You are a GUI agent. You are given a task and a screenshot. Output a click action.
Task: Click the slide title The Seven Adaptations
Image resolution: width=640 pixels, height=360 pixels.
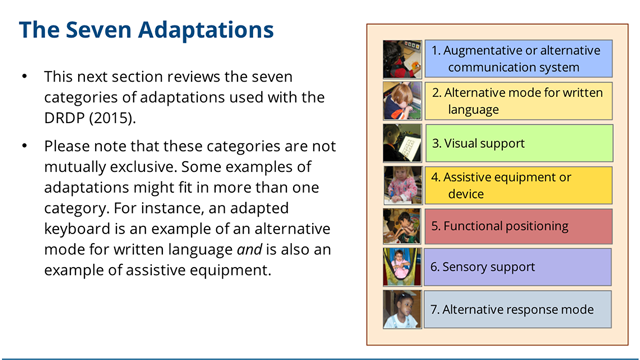146,29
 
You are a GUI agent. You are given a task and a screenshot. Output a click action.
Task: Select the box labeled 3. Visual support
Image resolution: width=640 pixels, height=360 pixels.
517,143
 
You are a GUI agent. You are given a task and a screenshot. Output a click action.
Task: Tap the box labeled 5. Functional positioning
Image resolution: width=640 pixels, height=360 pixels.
517,226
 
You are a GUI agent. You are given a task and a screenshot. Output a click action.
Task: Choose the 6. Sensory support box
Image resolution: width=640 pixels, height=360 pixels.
517,267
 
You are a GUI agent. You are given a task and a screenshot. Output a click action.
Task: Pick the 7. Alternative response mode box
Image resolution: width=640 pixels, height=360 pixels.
517,309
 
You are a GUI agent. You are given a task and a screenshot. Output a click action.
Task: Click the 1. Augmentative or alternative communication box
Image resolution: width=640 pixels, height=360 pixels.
517,58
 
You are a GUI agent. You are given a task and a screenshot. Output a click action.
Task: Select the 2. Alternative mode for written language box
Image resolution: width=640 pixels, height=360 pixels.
517,101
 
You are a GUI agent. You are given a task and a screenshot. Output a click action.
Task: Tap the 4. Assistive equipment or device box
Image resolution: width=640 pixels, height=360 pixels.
517,185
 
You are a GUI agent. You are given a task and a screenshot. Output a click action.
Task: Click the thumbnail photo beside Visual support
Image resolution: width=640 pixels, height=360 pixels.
402,143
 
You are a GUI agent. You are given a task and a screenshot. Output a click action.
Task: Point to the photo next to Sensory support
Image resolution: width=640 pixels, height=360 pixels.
402,267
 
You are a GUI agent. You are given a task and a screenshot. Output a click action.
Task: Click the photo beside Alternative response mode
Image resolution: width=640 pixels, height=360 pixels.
402,309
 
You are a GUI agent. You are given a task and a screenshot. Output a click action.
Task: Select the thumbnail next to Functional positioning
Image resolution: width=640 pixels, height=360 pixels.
402,226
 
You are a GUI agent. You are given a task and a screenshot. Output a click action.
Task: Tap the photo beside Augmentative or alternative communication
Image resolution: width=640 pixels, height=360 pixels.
402,59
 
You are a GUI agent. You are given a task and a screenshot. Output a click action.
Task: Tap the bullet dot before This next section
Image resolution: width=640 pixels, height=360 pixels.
25,77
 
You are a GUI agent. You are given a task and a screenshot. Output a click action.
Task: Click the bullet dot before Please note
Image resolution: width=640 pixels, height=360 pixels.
25,147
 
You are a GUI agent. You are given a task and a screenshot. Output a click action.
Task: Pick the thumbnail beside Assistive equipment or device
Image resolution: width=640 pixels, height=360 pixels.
402,185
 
